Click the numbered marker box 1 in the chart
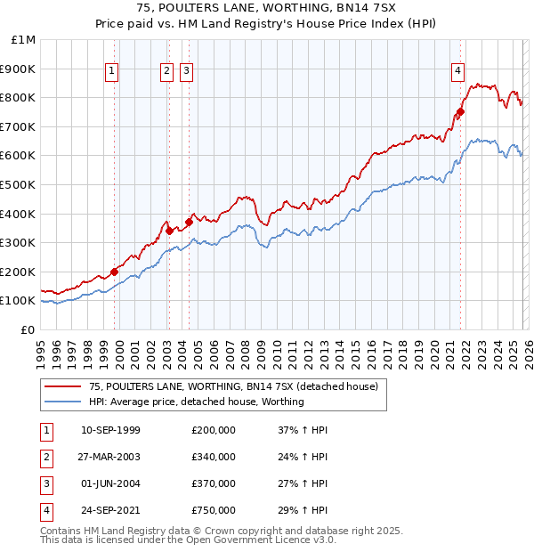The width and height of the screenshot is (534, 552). coord(112,72)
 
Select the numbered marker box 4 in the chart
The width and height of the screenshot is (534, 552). coord(457,72)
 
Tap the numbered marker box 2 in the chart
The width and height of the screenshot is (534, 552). coord(166,72)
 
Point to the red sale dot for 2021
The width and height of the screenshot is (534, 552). coord(460,112)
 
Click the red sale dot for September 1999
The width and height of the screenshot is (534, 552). coord(114,272)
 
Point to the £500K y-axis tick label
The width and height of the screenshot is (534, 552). coord(19,184)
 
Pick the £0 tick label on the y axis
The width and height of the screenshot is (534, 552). coord(28,329)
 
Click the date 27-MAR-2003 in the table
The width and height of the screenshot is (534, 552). coord(110,457)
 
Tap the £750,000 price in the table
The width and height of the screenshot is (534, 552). coord(214,510)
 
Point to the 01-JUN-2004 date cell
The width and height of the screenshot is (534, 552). coord(110,483)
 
